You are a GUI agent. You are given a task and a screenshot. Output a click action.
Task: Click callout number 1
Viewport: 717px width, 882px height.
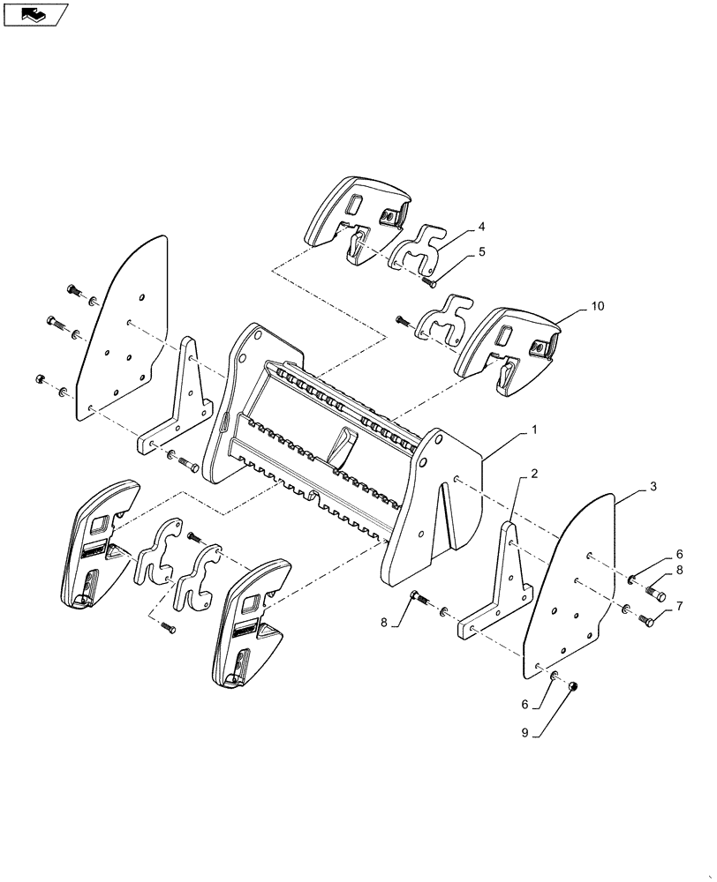(535, 430)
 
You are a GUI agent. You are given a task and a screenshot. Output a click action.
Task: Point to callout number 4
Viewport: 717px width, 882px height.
(481, 227)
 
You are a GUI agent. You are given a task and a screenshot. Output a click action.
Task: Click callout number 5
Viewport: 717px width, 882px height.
(481, 251)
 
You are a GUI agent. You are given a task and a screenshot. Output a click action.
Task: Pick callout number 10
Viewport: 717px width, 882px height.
(599, 306)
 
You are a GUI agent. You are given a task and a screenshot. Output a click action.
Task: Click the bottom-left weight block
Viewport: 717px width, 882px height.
(97, 542)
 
